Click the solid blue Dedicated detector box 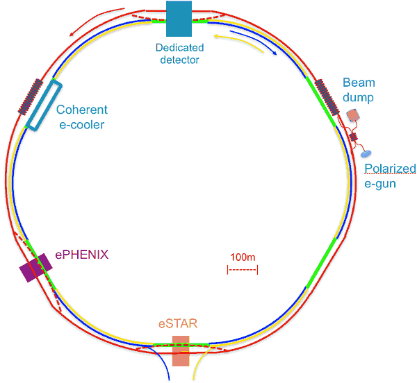179,19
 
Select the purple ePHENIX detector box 35,267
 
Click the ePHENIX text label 82,255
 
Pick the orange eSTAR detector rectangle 181,350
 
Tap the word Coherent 82,110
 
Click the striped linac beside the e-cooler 31,96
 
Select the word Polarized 390,169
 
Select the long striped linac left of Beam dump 327,95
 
